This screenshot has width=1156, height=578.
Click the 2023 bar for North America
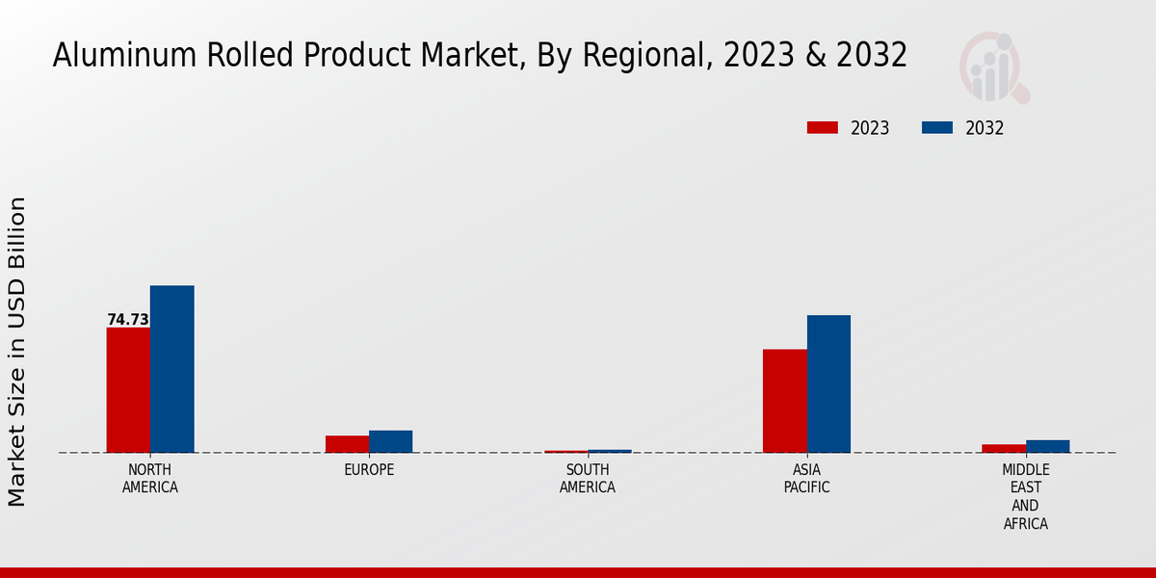(x=128, y=390)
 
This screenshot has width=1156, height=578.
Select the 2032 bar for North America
(x=171, y=369)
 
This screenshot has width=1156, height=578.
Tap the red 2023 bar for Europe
(x=347, y=444)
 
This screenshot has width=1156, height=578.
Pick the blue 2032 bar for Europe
(x=390, y=441)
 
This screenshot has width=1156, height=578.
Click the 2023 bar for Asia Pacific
(x=784, y=401)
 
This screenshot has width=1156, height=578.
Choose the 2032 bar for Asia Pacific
(x=828, y=383)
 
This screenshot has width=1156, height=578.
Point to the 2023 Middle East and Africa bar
(x=1004, y=448)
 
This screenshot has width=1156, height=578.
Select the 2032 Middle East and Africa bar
(x=1047, y=446)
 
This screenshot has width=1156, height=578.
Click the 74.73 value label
(x=128, y=320)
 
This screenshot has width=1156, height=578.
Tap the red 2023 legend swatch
(x=822, y=128)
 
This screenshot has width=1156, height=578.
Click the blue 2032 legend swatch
(x=937, y=128)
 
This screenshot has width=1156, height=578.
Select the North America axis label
(x=149, y=479)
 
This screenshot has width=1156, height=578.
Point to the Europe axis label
(x=369, y=470)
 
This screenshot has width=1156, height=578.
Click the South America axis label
(x=588, y=479)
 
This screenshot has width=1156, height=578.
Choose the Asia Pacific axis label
(x=806, y=479)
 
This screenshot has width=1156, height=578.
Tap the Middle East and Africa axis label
(x=1025, y=497)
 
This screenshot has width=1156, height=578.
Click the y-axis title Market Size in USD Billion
(x=17, y=352)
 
